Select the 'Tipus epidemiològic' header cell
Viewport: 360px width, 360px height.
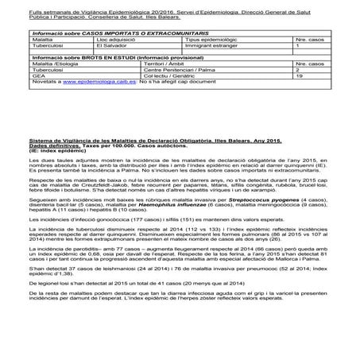click(x=208, y=38)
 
